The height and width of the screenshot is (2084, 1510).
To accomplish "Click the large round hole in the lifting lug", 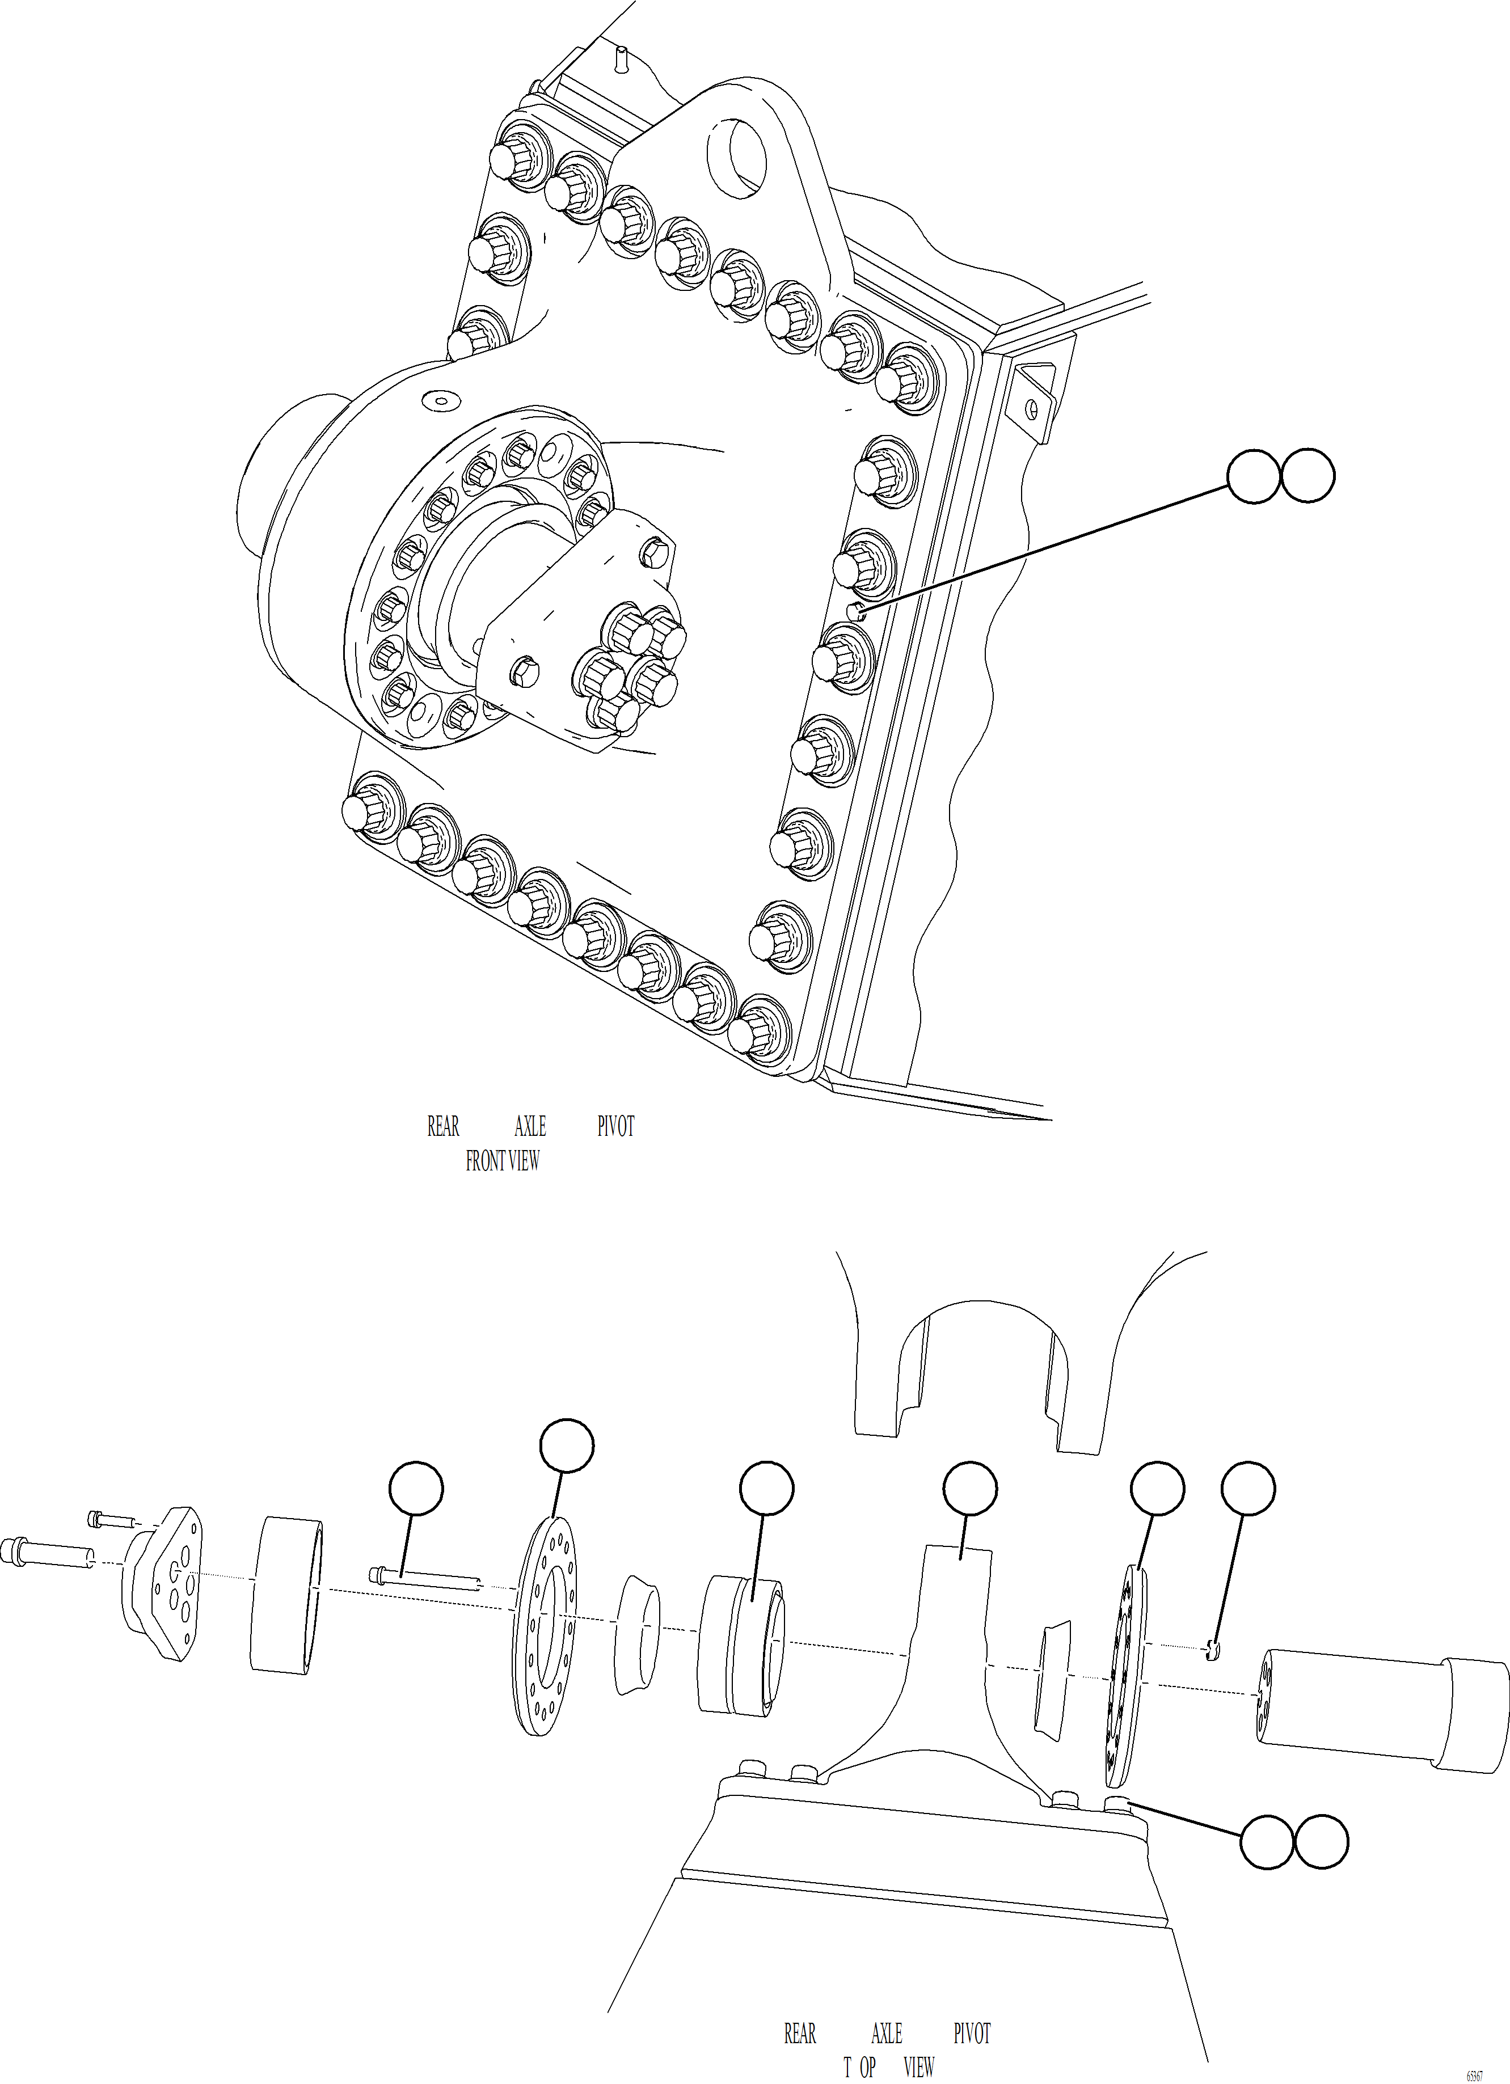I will [736, 150].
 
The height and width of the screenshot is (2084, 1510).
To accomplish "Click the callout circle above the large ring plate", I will [566, 1445].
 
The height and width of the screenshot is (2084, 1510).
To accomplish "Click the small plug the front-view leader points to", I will [855, 610].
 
